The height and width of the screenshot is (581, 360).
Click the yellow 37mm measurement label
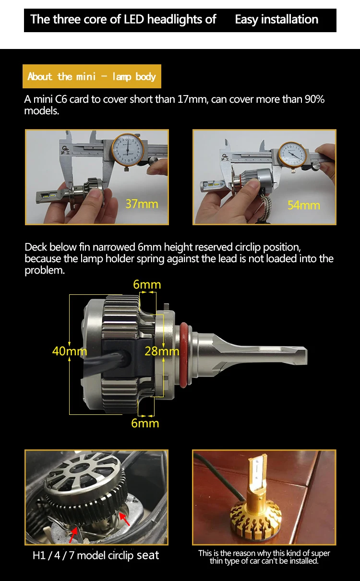pyautogui.click(x=142, y=204)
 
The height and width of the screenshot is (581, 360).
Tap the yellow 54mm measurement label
pyautogui.click(x=304, y=205)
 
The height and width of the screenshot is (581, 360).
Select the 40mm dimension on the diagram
pyautogui.click(x=70, y=351)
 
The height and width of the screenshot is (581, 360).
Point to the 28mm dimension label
pyautogui.click(x=162, y=351)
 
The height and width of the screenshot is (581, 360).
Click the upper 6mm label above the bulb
pyautogui.click(x=147, y=285)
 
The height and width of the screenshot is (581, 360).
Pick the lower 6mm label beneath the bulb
pyautogui.click(x=145, y=424)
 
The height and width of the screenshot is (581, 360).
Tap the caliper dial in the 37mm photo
pyautogui.click(x=128, y=150)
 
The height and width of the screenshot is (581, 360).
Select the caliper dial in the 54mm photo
pyautogui.click(x=293, y=155)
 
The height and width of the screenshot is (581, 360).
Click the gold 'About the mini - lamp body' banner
pyautogui.click(x=92, y=76)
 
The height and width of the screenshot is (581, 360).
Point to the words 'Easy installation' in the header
pyautogui.click(x=276, y=20)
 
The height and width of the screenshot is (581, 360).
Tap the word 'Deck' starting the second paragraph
pyautogui.click(x=36, y=247)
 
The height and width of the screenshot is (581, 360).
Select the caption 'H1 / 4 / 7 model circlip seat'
pyautogui.click(x=96, y=556)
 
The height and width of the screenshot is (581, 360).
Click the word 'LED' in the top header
pyautogui.click(x=134, y=20)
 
